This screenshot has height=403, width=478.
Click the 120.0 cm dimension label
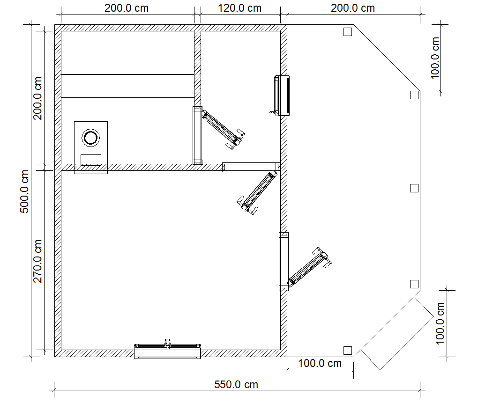point(239,8)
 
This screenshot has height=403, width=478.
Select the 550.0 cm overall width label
point(236,384)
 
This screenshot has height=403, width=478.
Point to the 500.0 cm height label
point(24,191)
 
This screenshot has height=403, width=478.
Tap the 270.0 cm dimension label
point(37,261)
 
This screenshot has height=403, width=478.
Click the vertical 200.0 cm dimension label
point(37,98)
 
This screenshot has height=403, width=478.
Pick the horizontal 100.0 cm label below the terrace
point(320,363)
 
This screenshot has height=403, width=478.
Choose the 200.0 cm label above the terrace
point(353,8)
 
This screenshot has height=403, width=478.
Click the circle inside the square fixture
point(90,138)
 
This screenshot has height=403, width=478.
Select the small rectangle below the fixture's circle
point(91,160)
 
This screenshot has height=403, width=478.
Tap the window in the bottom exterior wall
point(167,351)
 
